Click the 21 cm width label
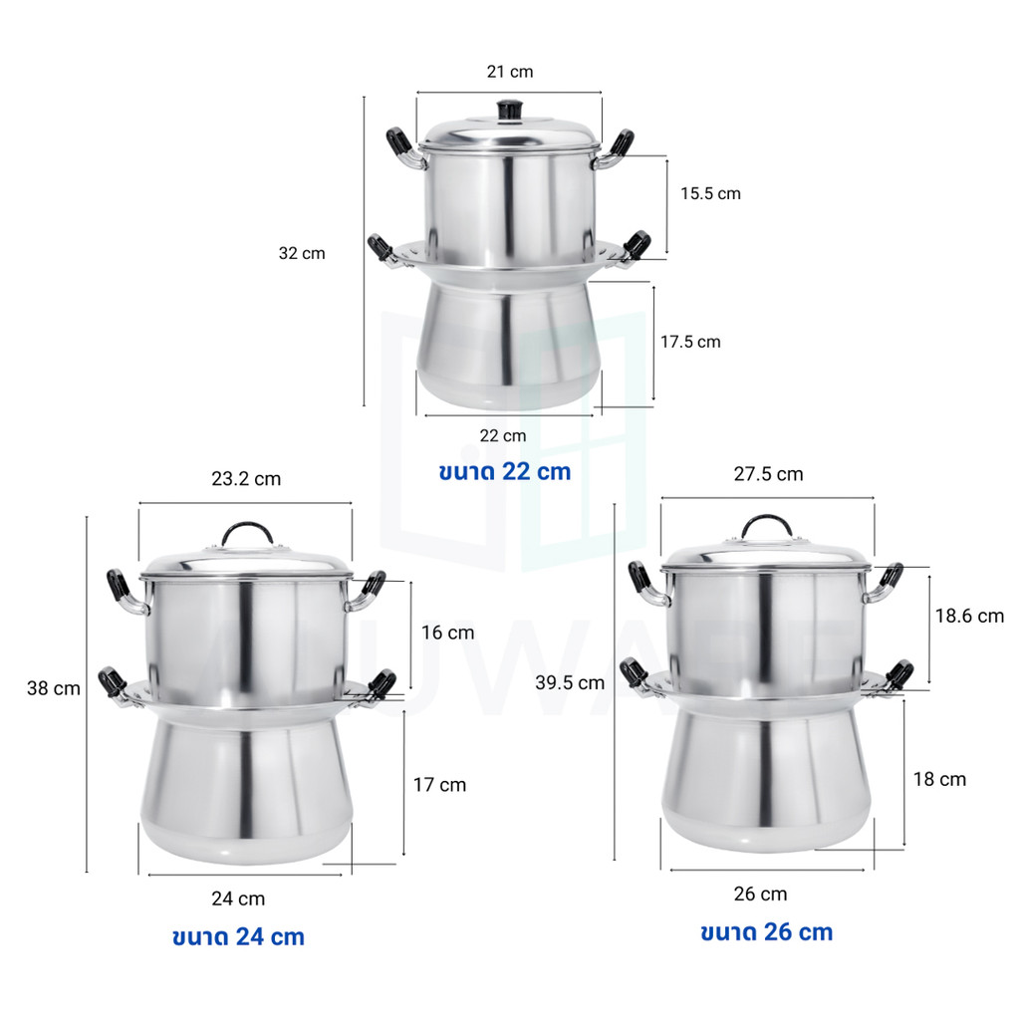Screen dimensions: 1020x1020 click(510, 72)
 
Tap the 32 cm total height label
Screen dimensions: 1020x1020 click(302, 253)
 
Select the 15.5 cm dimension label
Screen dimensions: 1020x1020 click(710, 193)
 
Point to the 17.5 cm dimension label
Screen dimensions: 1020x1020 click(690, 342)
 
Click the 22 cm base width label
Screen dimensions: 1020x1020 click(503, 436)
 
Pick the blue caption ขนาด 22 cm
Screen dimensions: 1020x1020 click(505, 471)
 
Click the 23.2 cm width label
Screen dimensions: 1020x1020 click(246, 479)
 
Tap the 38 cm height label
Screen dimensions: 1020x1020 click(54, 688)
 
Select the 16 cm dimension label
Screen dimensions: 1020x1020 click(447, 633)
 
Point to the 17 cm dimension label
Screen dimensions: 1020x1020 click(439, 785)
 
